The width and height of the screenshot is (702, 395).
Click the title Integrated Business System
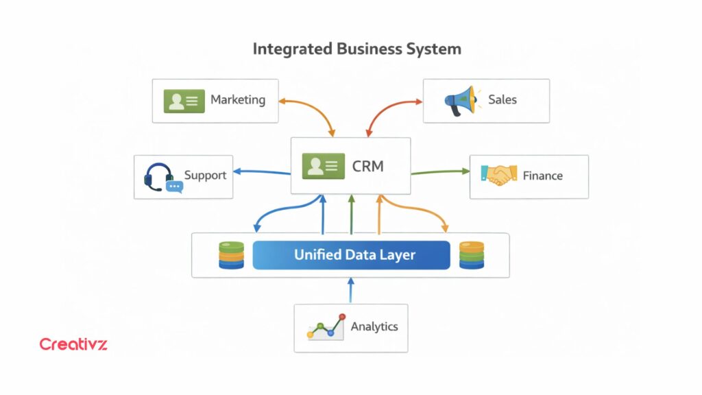[356, 49]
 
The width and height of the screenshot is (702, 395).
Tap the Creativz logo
[73, 344]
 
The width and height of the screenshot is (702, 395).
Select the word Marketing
[237, 99]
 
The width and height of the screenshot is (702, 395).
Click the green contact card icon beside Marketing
[183, 100]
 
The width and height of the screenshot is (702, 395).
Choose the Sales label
[502, 100]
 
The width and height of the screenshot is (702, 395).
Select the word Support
[205, 176]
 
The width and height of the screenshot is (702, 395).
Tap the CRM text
[367, 166]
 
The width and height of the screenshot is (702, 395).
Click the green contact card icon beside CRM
[323, 165]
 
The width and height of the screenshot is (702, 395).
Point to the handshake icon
[498, 176]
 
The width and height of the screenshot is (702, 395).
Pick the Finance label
[542, 176]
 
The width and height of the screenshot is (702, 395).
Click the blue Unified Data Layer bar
[351, 255]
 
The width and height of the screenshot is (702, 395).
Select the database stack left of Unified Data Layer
[231, 255]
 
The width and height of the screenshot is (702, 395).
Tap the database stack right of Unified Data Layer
[472, 255]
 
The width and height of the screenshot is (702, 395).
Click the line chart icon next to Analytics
[325, 327]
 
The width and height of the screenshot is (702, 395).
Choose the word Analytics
[374, 327]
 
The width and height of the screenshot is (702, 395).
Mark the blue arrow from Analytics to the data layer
[350, 291]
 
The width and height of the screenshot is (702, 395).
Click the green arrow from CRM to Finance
[439, 172]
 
